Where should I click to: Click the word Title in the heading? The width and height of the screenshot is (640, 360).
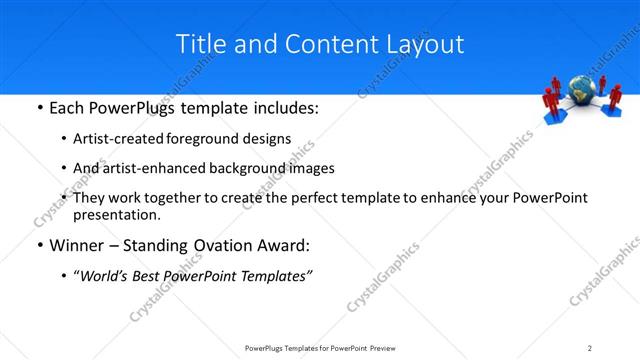tap(199, 44)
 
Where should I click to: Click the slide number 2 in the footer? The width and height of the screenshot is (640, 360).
tap(590, 348)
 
